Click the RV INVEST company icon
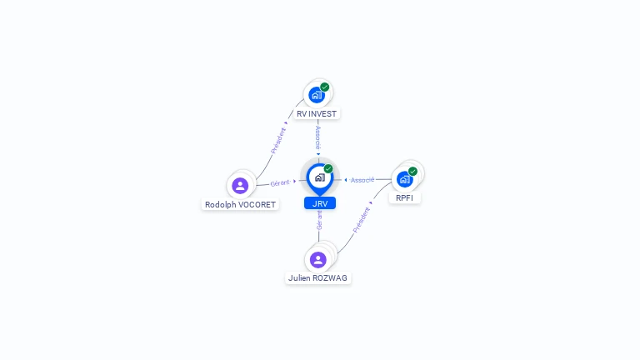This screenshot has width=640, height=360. point(317,95)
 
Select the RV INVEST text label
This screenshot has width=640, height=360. point(317,114)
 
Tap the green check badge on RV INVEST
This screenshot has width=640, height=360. point(325,87)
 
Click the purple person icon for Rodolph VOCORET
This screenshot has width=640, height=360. point(240,185)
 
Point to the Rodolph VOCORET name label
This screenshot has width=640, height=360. point(240,204)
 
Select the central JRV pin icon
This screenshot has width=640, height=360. point(319,177)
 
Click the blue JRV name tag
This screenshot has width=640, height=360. point(320,203)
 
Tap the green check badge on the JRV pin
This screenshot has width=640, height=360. point(328,168)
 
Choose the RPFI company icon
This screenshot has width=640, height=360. point(404,179)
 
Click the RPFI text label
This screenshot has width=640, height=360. point(405,198)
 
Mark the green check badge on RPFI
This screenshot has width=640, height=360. point(412,172)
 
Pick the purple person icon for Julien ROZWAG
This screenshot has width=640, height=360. point(318,259)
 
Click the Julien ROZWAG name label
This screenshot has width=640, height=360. point(318,278)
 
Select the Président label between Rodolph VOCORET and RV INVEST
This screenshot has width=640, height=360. point(278,140)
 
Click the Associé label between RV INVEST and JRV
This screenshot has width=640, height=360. point(317,137)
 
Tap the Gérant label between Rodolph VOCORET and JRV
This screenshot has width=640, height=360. point(280,182)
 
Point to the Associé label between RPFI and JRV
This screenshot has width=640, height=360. point(362,180)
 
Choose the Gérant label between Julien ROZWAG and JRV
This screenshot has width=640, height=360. point(319,220)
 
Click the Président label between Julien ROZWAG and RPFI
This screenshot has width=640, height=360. point(362,219)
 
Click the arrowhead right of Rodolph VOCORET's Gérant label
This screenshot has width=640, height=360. point(295,181)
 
